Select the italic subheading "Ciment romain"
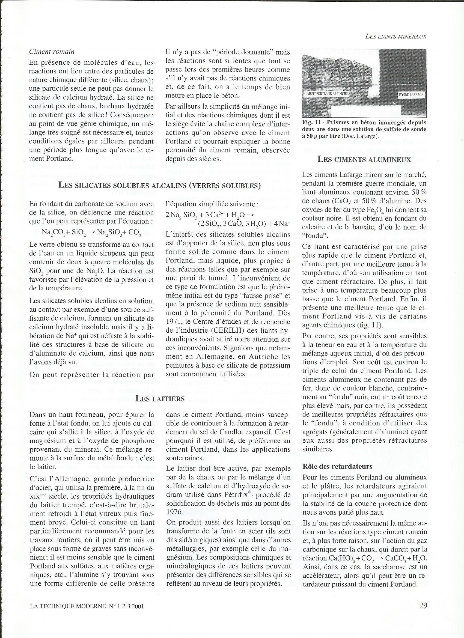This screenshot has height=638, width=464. click(52, 52)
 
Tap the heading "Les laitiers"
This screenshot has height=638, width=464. click(160, 398)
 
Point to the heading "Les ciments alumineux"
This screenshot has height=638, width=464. click(364, 159)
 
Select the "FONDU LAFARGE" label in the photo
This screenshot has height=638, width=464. click(411, 95)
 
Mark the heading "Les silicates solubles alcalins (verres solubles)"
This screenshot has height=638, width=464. click(159, 185)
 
